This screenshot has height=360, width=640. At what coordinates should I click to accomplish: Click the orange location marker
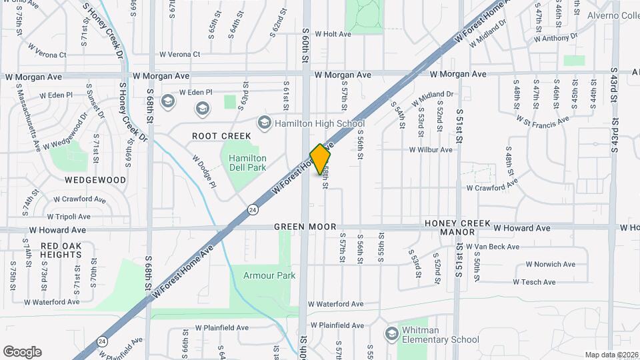coord(321,159)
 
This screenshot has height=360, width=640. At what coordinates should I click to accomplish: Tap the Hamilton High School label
coord(322,123)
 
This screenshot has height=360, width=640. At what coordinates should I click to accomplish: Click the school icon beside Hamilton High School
coord(265,123)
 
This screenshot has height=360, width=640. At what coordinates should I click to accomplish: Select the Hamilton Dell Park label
coord(247,163)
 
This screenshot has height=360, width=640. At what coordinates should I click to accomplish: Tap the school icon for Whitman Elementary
coord(392,333)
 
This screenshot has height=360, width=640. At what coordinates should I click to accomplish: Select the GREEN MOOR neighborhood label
coord(305,227)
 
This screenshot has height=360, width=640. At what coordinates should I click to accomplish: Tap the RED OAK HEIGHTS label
coord(61,251)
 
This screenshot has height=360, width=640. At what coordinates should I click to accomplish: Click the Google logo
coord(22,352)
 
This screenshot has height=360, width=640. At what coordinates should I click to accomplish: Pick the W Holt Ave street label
coord(333,34)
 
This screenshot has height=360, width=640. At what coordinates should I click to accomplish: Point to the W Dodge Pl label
coord(204,171)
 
